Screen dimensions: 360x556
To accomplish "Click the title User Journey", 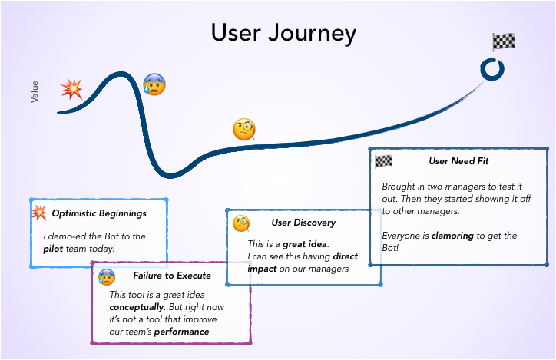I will (x=283, y=33).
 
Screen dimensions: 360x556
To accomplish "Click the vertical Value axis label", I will (x=34, y=91).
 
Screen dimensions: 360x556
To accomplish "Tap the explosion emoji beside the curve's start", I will (x=72, y=89).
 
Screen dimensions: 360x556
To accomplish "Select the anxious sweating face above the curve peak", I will (x=154, y=83).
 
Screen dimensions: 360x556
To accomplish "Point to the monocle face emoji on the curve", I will (x=243, y=129).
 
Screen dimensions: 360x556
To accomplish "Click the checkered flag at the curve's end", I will (x=504, y=42).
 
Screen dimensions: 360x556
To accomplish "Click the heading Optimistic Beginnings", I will (x=99, y=213).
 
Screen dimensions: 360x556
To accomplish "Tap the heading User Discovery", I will (x=303, y=223).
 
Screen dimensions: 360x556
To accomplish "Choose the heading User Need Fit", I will (x=458, y=161).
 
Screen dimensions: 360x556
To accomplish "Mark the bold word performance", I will (x=181, y=331).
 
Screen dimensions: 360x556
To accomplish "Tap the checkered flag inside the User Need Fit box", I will (x=383, y=161).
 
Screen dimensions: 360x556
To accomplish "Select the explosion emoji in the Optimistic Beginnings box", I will (x=38, y=212).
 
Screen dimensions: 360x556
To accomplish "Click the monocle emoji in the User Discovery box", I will (x=241, y=223).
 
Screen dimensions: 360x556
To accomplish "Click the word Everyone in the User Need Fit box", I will (x=402, y=235).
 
